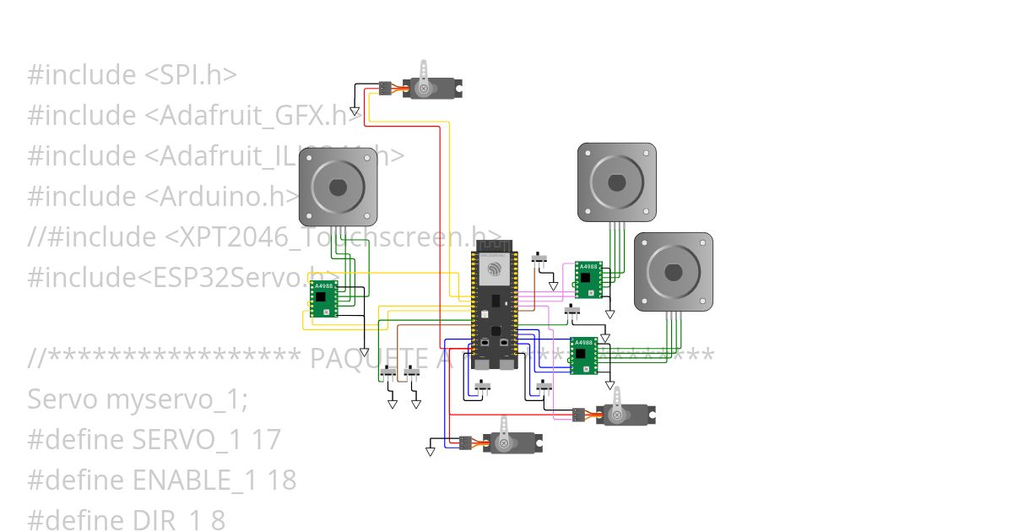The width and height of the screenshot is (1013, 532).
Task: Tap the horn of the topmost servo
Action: (425, 74)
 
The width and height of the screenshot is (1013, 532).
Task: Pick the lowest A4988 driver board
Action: (583, 356)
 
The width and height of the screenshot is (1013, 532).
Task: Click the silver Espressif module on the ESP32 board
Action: (494, 270)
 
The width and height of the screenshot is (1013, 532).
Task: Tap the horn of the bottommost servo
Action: (505, 431)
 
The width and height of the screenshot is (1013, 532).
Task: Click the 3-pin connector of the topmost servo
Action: (384, 87)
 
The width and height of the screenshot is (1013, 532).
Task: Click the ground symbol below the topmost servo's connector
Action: (355, 111)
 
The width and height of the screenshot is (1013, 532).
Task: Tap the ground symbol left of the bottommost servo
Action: (430, 452)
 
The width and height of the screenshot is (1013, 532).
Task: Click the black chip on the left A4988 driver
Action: (320, 297)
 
